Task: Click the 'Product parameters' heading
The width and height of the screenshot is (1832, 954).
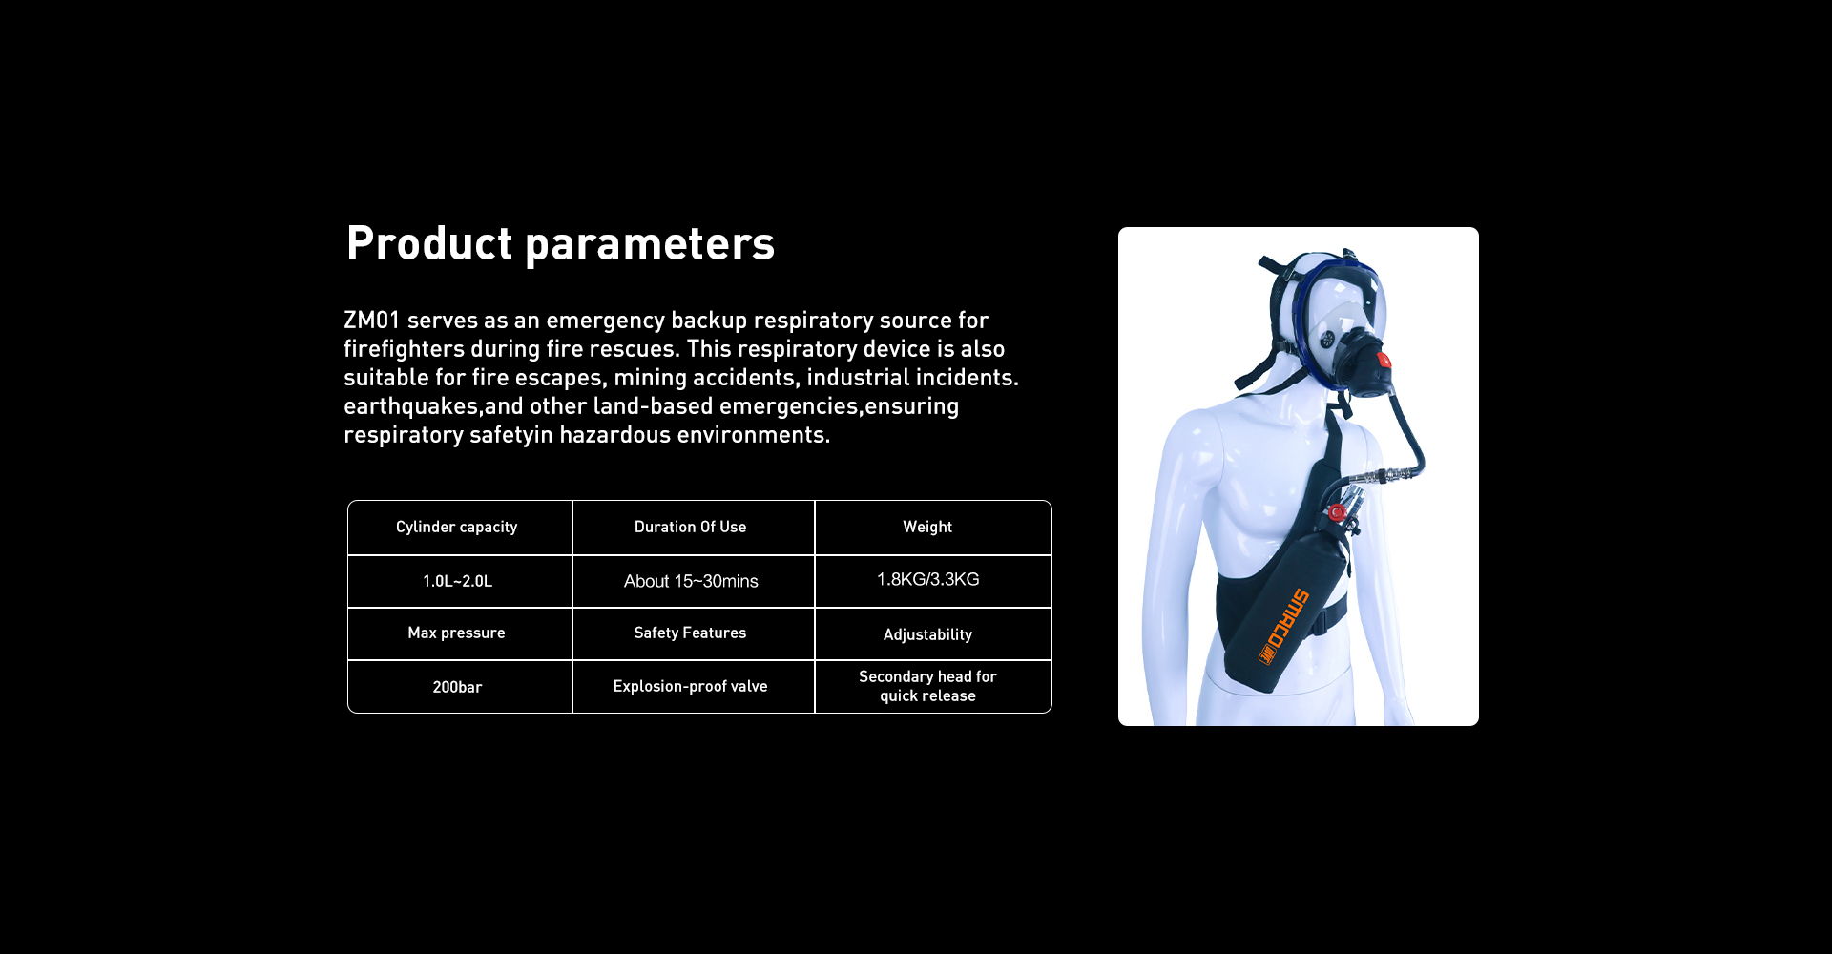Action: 560,243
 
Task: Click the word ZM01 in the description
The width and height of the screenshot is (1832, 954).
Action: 372,321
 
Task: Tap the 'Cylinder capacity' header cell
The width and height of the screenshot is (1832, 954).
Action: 460,528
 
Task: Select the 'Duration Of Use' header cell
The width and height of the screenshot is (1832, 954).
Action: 694,528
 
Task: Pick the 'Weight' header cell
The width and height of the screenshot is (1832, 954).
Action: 933,528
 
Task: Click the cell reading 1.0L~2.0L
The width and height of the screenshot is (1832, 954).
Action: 460,581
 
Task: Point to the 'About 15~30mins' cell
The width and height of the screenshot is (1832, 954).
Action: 694,581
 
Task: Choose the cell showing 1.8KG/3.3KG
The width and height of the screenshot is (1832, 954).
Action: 933,581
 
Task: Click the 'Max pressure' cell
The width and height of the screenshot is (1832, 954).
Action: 460,633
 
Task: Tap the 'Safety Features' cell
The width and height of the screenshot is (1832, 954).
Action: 694,633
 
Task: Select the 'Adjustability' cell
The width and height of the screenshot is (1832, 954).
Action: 933,633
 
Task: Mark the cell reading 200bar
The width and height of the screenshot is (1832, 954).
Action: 460,687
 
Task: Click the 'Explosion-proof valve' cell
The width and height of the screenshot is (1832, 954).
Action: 694,687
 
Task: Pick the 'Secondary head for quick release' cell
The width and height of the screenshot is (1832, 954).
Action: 933,687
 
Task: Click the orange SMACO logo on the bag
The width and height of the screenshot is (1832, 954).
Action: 1284,626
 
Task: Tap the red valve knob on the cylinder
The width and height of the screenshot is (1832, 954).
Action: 1338,513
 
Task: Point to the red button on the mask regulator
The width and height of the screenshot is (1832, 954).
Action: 1384,360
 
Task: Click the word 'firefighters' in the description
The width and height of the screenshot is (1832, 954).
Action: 404,349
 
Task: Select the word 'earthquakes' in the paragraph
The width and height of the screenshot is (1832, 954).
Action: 410,407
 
